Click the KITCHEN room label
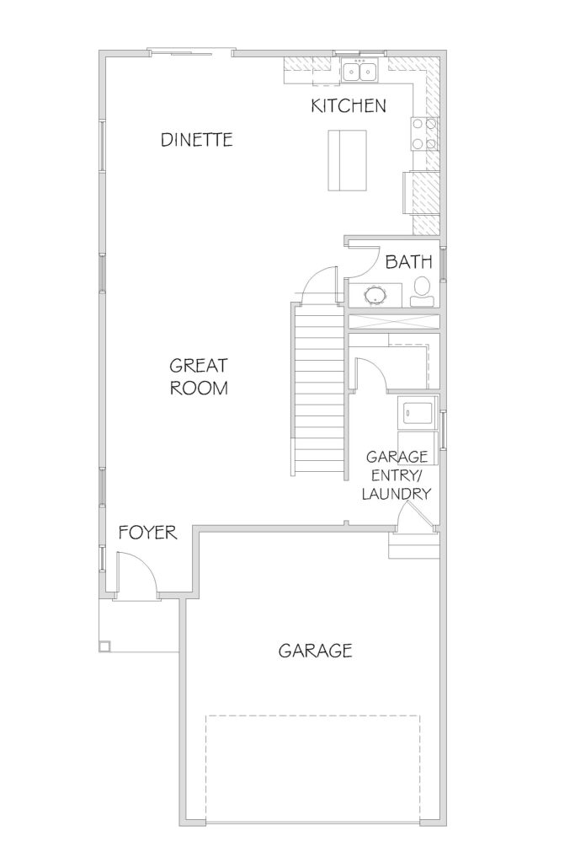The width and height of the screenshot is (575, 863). pyautogui.click(x=349, y=105)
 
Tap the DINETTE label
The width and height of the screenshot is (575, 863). pyautogui.click(x=197, y=140)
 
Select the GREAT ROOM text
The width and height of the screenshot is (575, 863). pyautogui.click(x=199, y=377)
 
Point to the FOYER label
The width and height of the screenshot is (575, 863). pyautogui.click(x=148, y=533)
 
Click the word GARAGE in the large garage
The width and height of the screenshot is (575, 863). pyautogui.click(x=315, y=651)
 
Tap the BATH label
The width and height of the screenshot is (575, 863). pyautogui.click(x=408, y=262)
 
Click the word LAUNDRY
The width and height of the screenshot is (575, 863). pyautogui.click(x=396, y=494)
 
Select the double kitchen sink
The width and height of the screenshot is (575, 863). pyautogui.click(x=359, y=71)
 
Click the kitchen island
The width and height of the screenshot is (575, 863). pyautogui.click(x=348, y=160)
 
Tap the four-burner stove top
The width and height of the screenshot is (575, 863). pyautogui.click(x=424, y=134)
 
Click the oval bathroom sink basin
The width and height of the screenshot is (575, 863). pyautogui.click(x=376, y=294)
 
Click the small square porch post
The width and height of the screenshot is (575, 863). pyautogui.click(x=104, y=646)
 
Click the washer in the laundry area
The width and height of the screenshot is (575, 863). pyautogui.click(x=418, y=412)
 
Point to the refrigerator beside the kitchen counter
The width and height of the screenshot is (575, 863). pyautogui.click(x=421, y=192)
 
